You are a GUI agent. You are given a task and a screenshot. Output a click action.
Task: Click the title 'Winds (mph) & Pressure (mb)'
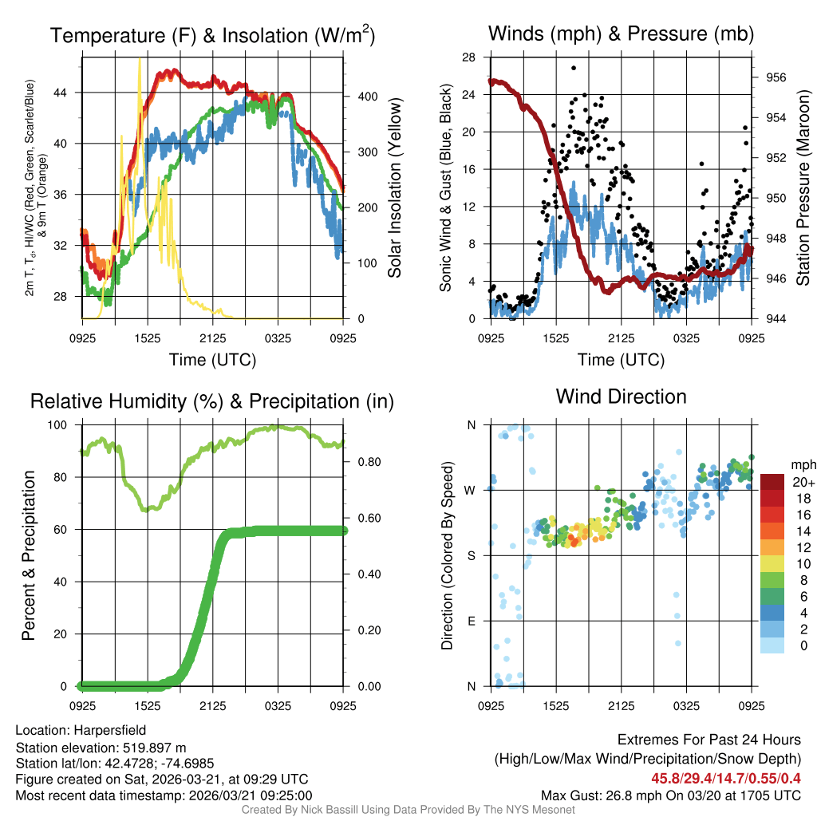pos(621,34)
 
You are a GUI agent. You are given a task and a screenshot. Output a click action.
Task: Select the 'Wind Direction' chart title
pos(621,397)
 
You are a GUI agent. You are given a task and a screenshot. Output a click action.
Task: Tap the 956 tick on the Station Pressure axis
pos(775,77)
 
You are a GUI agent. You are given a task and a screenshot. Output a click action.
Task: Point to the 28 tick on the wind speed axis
pos(469,57)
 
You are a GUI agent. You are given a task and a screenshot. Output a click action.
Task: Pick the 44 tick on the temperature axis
pos(67,93)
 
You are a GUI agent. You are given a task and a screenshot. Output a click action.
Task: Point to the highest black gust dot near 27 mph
pos(574,69)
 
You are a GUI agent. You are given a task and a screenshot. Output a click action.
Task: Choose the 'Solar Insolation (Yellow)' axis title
pos(394,187)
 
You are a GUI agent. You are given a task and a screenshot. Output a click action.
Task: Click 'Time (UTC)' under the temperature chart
pos(213,360)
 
